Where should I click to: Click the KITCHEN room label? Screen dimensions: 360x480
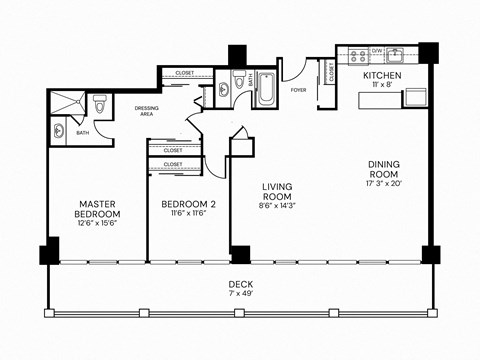(x=382, y=76)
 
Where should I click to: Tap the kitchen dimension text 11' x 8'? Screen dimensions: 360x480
(x=382, y=86)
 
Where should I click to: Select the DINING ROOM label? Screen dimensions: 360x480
(x=383, y=169)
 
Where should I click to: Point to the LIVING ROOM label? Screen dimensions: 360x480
(x=276, y=191)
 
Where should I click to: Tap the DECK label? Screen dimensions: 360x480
(x=240, y=284)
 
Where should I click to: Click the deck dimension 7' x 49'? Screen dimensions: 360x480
(x=240, y=295)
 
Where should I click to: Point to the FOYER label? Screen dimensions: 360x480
(x=299, y=88)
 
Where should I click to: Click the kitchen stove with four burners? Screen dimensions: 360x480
(x=357, y=56)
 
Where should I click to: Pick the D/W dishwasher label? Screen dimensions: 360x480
(x=378, y=49)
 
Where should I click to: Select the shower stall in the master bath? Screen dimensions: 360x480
(x=68, y=100)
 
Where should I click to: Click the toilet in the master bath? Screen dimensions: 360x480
(x=100, y=105)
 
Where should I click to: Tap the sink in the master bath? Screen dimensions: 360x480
(x=58, y=130)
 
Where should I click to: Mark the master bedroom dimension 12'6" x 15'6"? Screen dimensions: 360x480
(x=98, y=224)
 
